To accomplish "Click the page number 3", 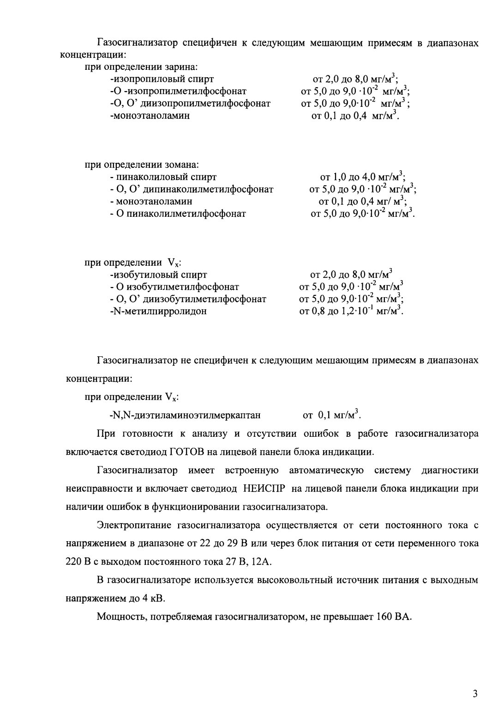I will tap(475, 694).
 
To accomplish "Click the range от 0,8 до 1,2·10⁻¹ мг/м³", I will tap(351, 311).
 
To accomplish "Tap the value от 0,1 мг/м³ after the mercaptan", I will tap(331, 415).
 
